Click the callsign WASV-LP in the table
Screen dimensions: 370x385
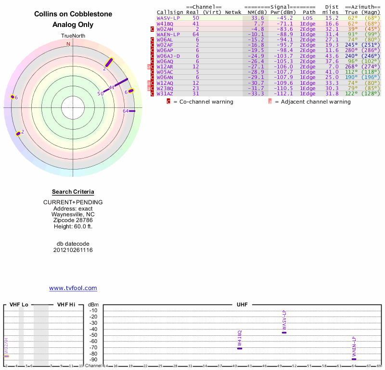tap(168, 18)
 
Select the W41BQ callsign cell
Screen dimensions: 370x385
tap(165, 23)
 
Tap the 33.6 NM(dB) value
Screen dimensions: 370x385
tap(259, 18)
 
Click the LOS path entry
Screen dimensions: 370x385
tap(308, 18)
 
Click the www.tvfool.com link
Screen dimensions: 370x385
tap(73, 288)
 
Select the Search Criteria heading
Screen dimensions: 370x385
tap(73, 192)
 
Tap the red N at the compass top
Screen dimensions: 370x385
tap(68, 44)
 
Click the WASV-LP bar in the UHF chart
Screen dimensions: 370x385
tap(284, 332)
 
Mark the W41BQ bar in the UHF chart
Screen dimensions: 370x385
tap(240, 348)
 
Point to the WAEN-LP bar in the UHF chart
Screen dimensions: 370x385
tap(354, 359)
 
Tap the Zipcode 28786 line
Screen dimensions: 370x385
tap(73, 220)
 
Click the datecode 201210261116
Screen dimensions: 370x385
tap(73, 250)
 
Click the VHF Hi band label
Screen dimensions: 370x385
tap(66, 304)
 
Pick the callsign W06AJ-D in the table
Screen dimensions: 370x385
tap(168, 55)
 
